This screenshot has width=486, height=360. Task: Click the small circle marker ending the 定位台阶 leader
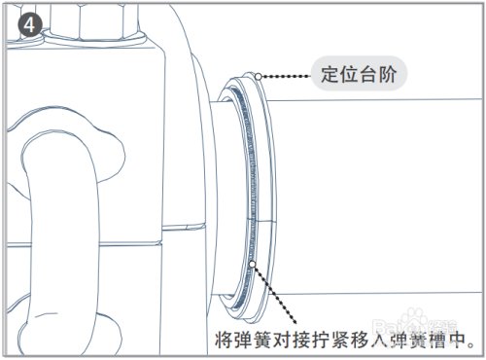tap(255, 74)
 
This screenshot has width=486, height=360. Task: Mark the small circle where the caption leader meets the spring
tap(253, 263)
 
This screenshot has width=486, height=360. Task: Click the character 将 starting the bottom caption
tap(223, 341)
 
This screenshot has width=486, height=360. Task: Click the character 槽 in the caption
tap(438, 341)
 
